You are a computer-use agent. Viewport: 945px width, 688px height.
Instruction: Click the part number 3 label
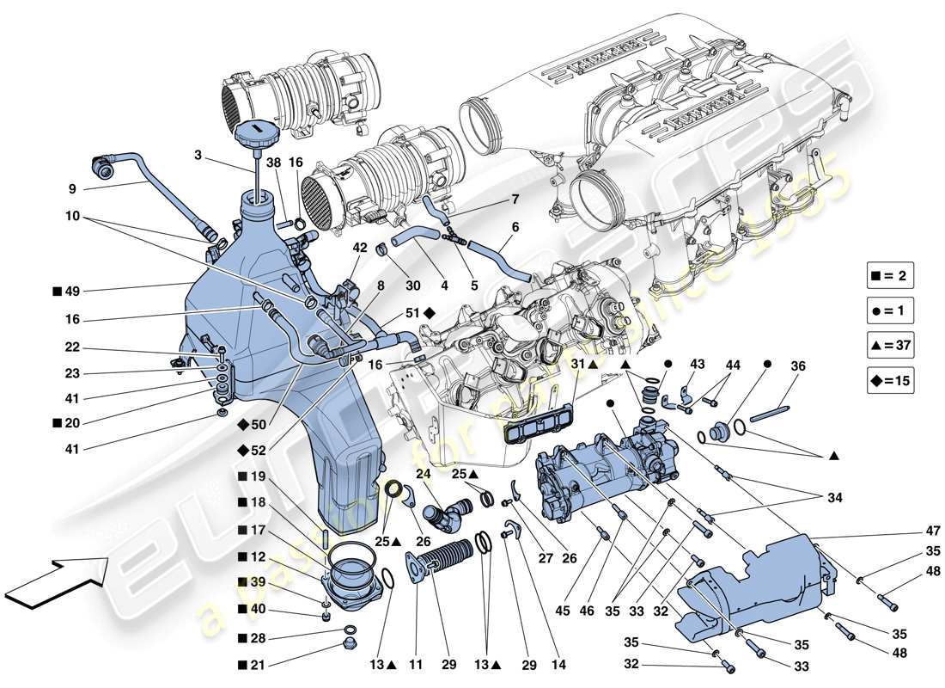point(198,155)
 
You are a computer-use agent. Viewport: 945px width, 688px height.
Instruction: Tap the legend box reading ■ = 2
point(889,276)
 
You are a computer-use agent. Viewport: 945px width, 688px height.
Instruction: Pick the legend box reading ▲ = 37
point(889,347)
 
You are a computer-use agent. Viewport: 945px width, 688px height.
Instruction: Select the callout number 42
point(360,247)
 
